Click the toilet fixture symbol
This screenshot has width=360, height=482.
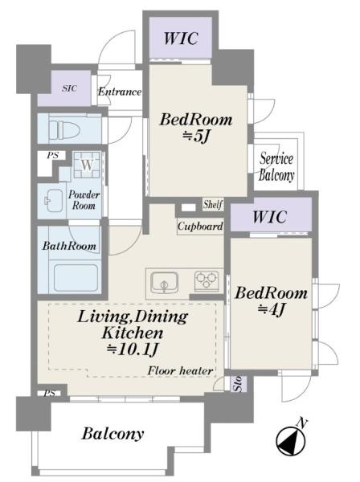pos(64,129)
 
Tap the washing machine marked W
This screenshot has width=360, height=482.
pos(87,165)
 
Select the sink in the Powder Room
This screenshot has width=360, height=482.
pos(54,200)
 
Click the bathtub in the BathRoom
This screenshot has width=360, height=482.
pos(76,278)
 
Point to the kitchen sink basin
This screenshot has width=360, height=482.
pos(164,282)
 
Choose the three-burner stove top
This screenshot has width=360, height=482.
pos(207,280)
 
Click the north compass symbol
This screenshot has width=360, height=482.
pos(291,440)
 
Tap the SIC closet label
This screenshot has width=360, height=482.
pos(69,88)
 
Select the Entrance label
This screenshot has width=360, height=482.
pos(120,92)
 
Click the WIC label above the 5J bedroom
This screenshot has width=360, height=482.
pos(181,39)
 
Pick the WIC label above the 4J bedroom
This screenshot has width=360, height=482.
pos(270,217)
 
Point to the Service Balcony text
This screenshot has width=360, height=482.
pos(276,167)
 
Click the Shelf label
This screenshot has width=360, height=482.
pos(213,204)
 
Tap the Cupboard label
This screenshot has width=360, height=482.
pos(200,227)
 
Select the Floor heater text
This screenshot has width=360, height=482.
pos(180,371)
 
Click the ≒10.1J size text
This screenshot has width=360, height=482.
pos(133,349)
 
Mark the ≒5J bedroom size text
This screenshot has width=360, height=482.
pos(196,136)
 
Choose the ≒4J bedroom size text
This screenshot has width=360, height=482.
pos(271,309)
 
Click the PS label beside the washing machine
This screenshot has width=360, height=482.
pos(52,156)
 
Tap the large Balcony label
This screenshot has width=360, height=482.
pos(112,434)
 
